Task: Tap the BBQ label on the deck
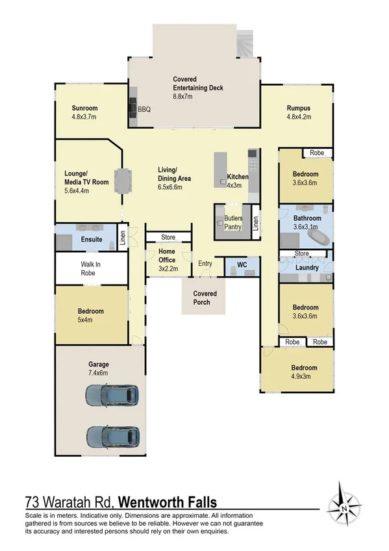(144, 110)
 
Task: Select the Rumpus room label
(299, 109)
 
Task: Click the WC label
(242, 265)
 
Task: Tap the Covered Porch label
(205, 298)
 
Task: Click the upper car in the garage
(112, 394)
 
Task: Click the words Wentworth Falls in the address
(168, 502)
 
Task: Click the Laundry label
(305, 267)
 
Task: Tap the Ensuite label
(92, 240)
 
